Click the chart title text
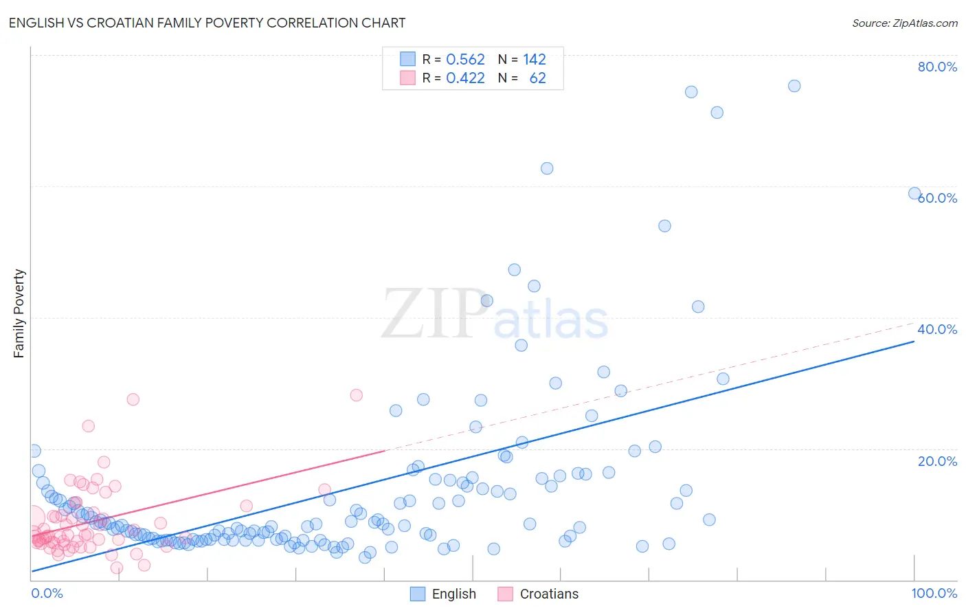pos(207,23)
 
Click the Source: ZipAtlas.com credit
pos(904,23)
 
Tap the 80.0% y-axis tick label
pos(937,67)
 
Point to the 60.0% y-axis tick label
pos(937,198)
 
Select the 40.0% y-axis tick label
pos(937,329)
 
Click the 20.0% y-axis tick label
pos(937,461)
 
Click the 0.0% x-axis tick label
pos(47,593)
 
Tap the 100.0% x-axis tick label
pos(934,593)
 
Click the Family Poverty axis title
pos(19,313)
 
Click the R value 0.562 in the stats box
pos(465,60)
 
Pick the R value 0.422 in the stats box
pos(465,78)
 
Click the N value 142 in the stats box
pos(535,60)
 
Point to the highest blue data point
pos(794,86)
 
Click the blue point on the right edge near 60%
pos(914,193)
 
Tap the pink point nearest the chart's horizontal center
pos(356,395)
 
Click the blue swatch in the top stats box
pos(408,59)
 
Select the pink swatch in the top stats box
pos(408,78)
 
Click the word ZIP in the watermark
pos(434,315)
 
